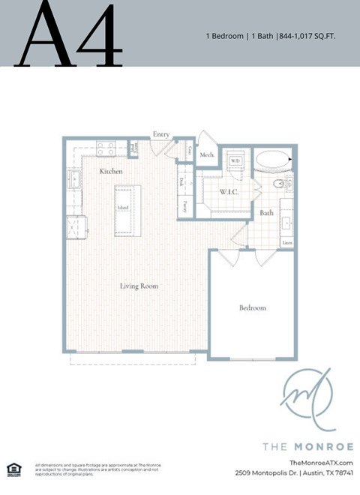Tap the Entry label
click(x=161, y=134)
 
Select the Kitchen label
click(x=111, y=172)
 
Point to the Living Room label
click(x=139, y=285)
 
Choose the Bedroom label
click(x=252, y=307)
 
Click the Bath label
click(x=266, y=213)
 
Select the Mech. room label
click(x=208, y=155)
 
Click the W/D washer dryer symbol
click(x=235, y=160)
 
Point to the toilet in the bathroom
click(x=279, y=183)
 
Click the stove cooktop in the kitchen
click(x=105, y=149)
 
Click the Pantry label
click(x=183, y=204)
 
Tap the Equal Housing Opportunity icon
click(x=13, y=469)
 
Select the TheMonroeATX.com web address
click(x=320, y=463)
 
